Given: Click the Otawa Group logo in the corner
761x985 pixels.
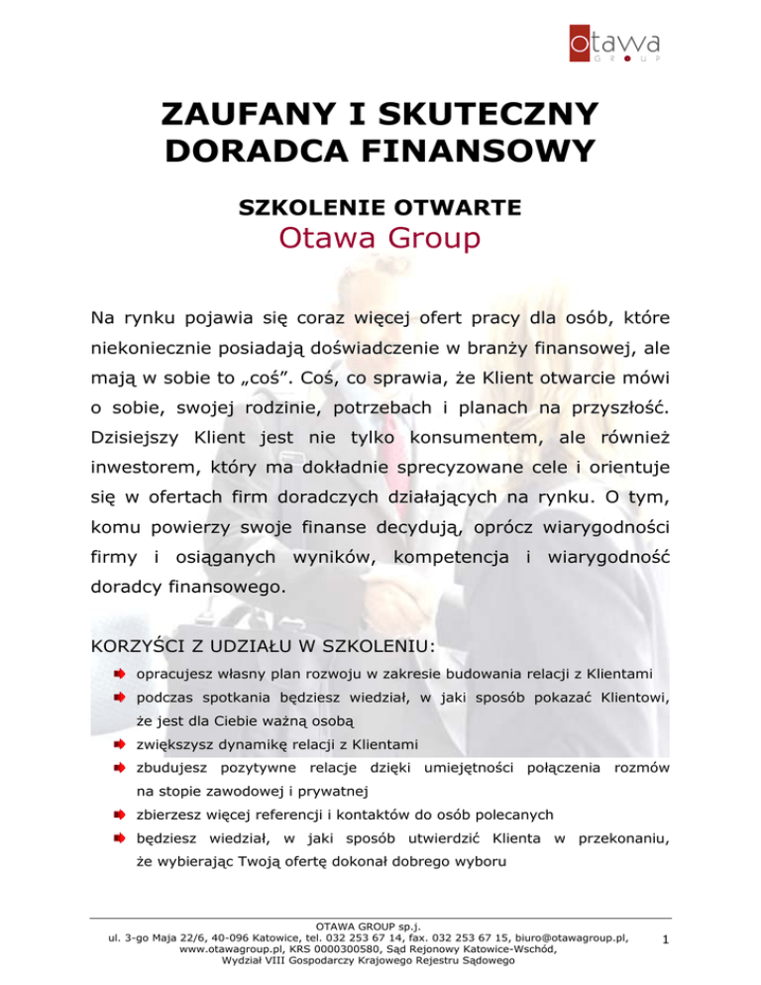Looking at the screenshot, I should [614, 46].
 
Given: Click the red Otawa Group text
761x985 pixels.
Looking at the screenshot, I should [380, 240].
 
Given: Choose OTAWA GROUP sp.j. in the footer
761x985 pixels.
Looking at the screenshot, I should [380, 925].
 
